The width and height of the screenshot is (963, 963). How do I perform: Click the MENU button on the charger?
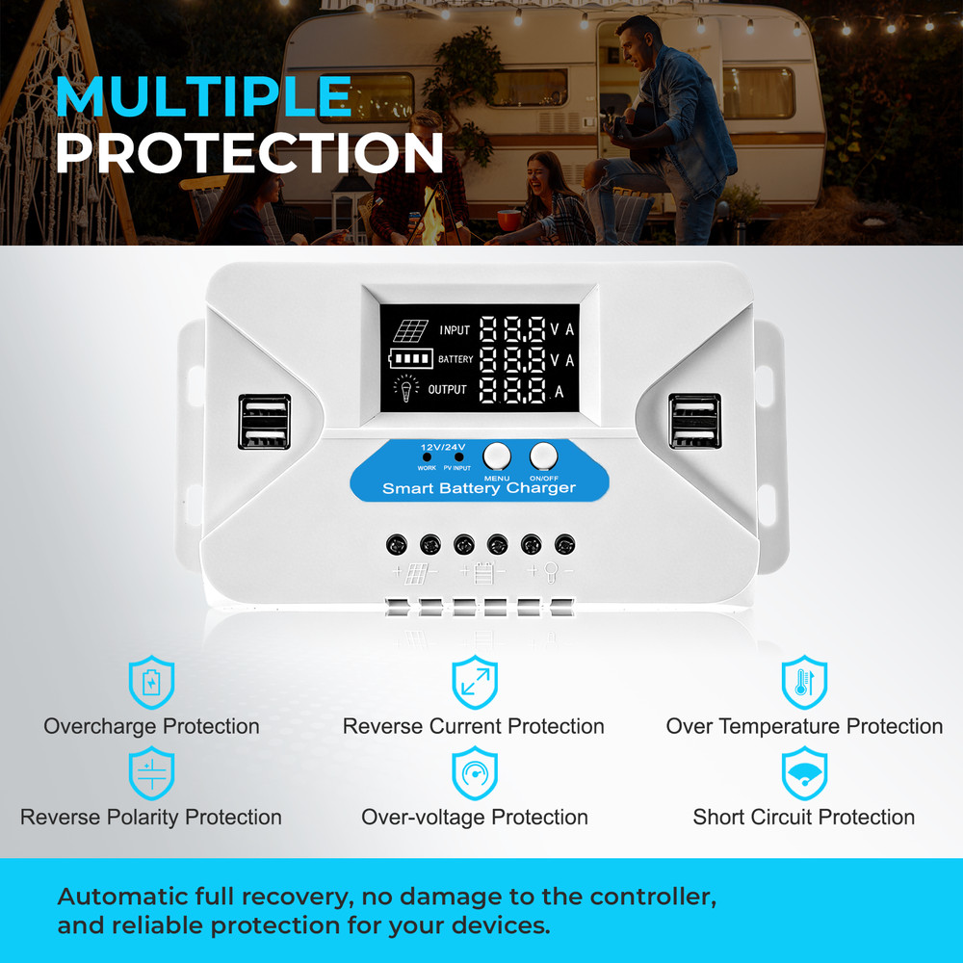[497, 456]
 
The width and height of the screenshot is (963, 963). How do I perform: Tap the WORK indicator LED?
[427, 456]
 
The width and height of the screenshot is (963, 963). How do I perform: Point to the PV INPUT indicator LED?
[458, 456]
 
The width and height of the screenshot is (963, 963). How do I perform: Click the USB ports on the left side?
[265, 422]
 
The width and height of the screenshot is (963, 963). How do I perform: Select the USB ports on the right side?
[694, 422]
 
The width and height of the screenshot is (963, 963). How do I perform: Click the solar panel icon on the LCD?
[410, 331]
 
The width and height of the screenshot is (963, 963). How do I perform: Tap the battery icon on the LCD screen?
[411, 358]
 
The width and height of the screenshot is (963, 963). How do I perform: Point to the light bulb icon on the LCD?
[406, 388]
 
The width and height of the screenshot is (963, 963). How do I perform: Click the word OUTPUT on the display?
[447, 389]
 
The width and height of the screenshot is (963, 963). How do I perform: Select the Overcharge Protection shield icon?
[152, 682]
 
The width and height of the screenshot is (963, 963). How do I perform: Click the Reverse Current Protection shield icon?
[475, 682]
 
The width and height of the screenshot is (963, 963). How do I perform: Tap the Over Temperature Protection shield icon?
[804, 682]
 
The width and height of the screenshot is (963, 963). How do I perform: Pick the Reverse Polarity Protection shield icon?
[152, 772]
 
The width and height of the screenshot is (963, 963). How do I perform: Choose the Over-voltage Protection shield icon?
[475, 772]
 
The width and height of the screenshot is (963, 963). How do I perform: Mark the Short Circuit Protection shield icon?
[804, 772]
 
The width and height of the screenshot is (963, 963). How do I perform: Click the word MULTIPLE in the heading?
[204, 96]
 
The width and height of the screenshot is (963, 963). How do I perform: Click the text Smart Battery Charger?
[479, 488]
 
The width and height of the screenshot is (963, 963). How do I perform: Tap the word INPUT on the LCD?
[455, 330]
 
